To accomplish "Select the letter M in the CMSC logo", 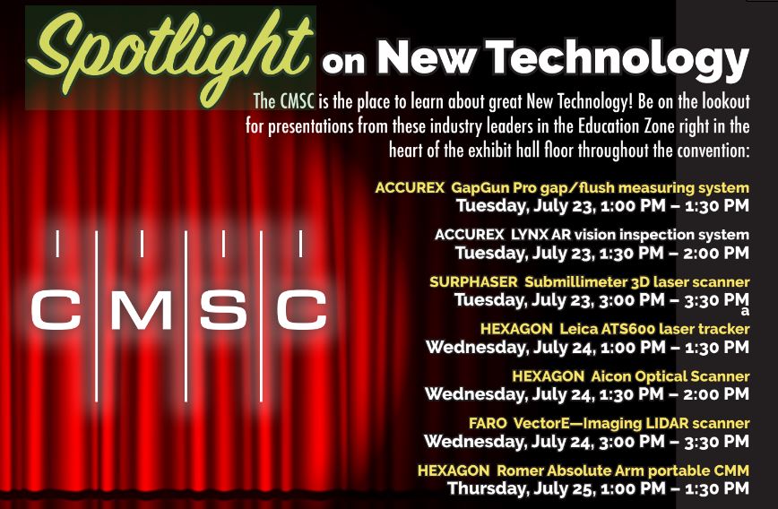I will [x=140, y=309].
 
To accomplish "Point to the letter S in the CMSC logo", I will [x=223, y=309].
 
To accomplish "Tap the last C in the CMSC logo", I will [x=300, y=309].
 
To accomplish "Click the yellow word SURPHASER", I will [x=473, y=282].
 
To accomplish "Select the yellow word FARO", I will [x=488, y=423].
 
